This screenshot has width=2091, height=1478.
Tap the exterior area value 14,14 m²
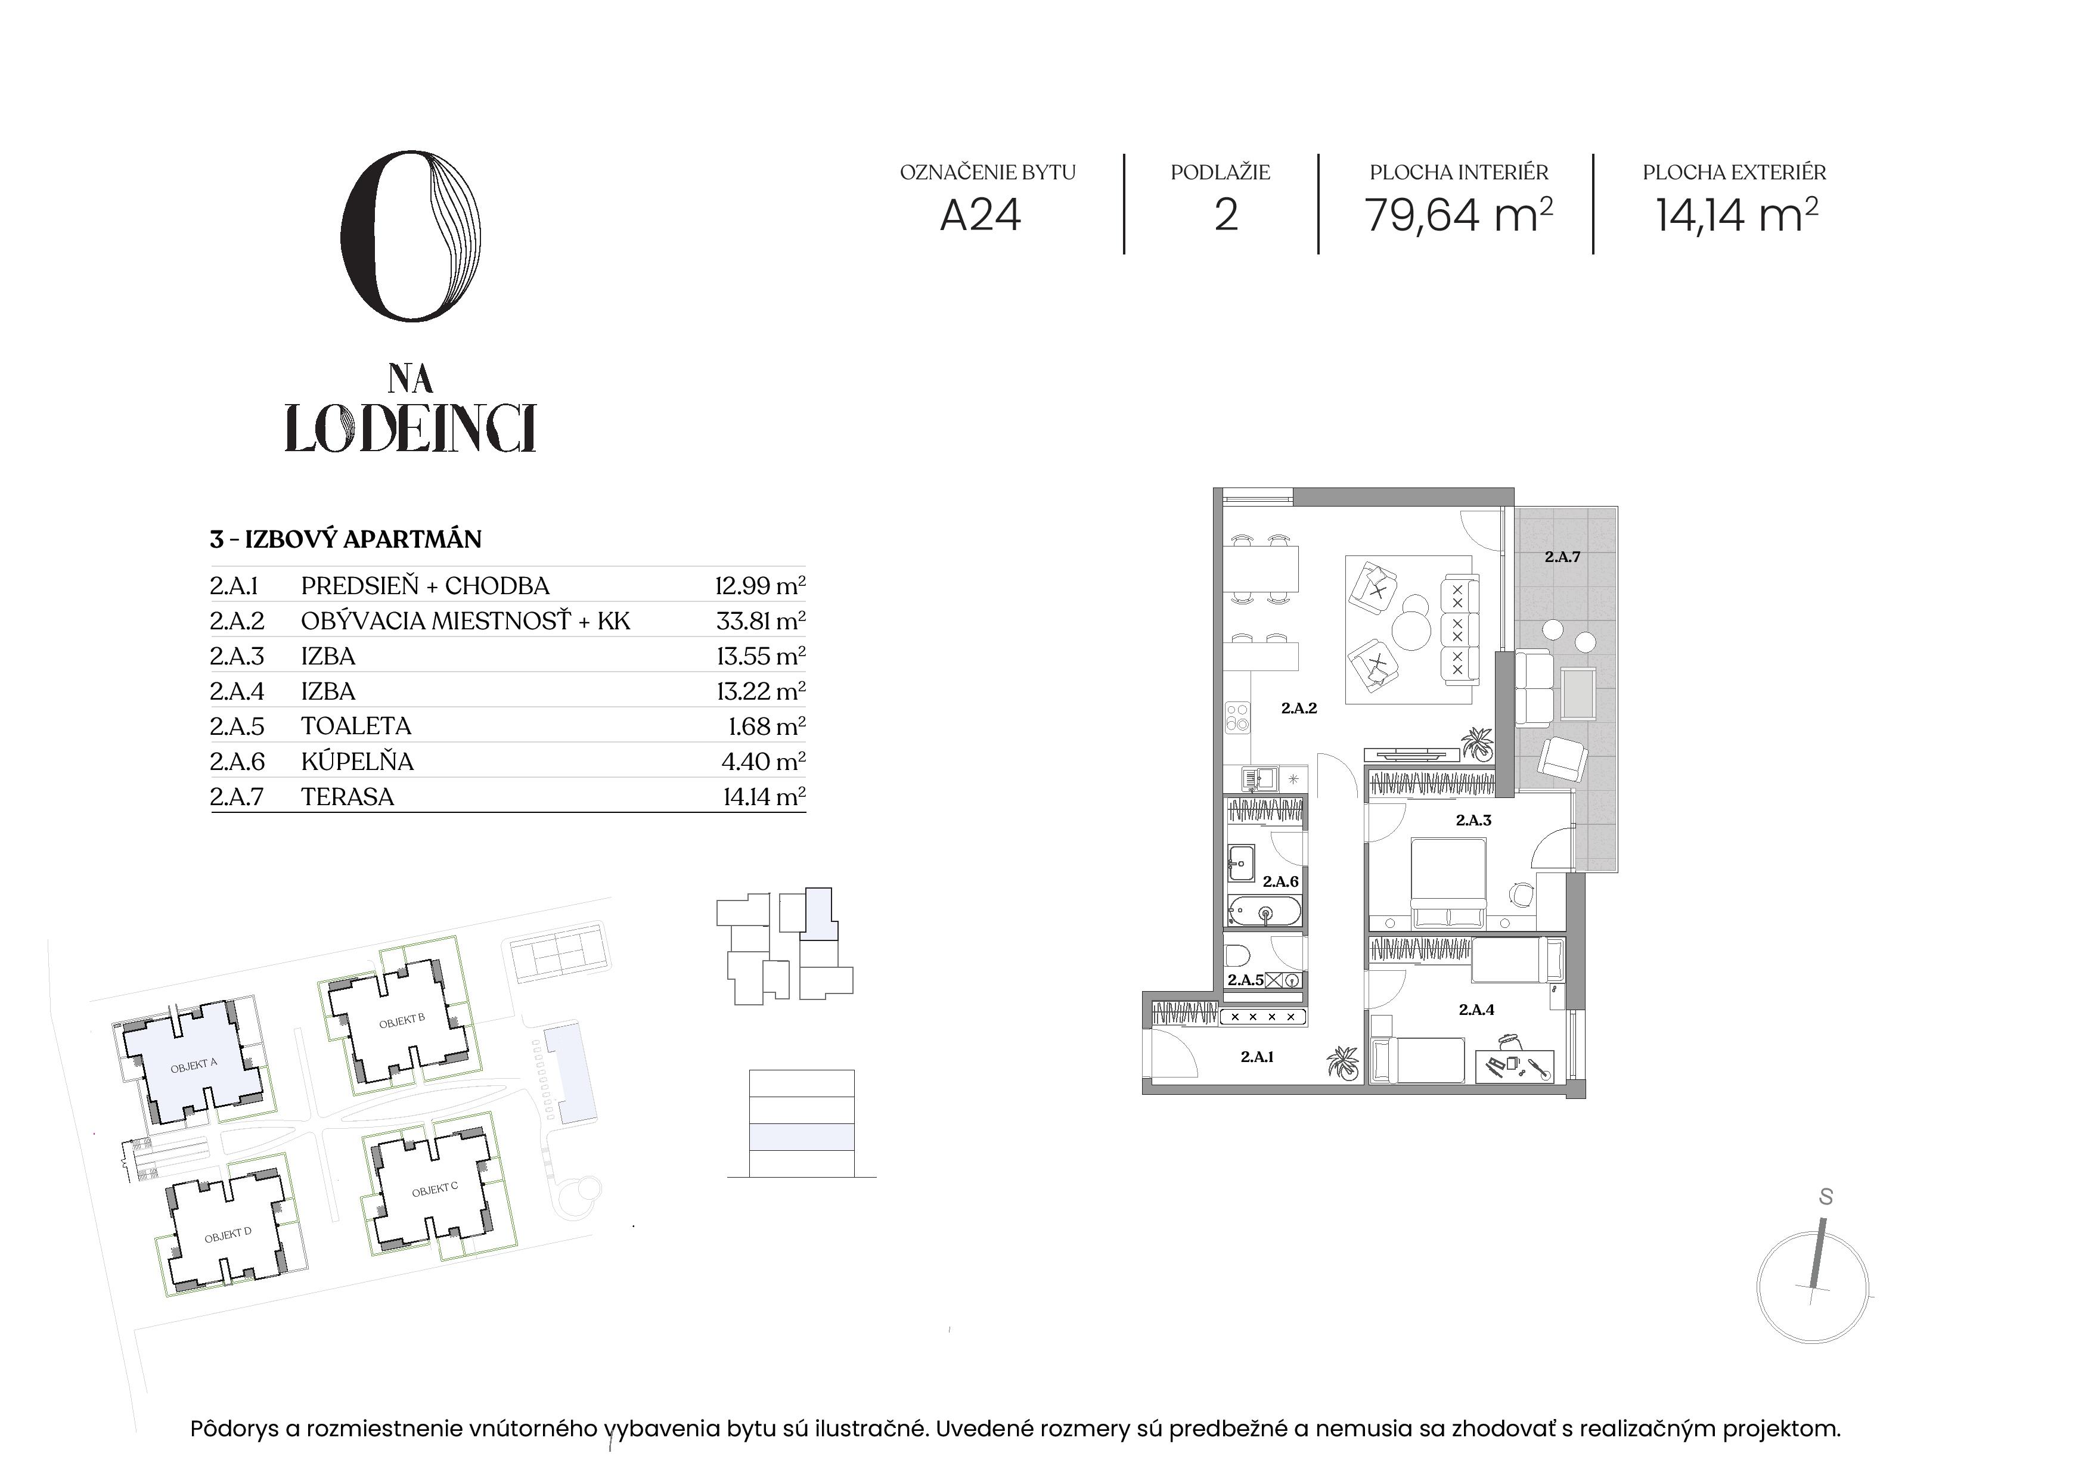[1736, 215]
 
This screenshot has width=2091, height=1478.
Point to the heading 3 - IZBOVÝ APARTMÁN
[345, 539]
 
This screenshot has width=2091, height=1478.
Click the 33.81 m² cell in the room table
[761, 621]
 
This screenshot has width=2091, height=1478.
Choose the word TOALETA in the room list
[356, 726]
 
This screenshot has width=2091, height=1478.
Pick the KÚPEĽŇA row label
[357, 760]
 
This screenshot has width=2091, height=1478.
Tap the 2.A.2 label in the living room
[1299, 707]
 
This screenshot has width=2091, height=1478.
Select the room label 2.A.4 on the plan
[1476, 1009]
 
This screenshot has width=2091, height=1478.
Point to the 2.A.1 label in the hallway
[1257, 1057]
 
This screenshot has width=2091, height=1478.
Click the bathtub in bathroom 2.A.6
[1265, 912]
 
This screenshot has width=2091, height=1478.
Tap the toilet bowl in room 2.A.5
[1237, 955]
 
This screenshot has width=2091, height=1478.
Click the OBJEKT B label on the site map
[402, 1021]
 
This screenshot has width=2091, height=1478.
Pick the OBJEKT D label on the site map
[228, 1235]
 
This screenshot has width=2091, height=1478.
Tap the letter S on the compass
[1825, 1197]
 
